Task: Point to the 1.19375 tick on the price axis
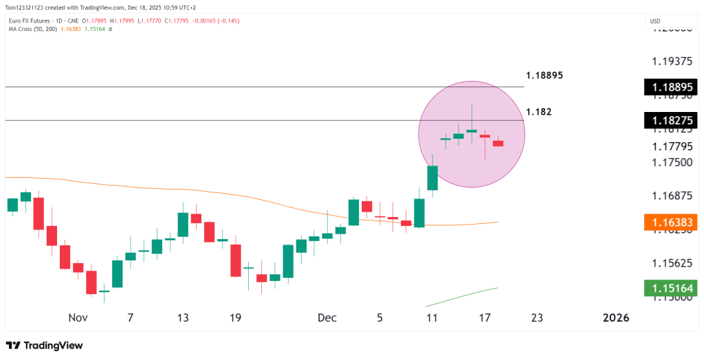pos(672,61)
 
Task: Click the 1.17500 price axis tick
pos(672,162)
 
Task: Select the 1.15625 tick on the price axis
pos(672,263)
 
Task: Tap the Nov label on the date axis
pos(78,317)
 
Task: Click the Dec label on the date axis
pos(327,317)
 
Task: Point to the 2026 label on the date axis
pos(615,317)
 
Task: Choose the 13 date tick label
pos(182,317)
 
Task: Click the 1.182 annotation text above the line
pos(538,111)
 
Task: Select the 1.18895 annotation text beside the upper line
pos(544,75)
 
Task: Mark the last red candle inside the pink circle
pos(498,143)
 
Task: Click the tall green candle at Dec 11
pos(432,177)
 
